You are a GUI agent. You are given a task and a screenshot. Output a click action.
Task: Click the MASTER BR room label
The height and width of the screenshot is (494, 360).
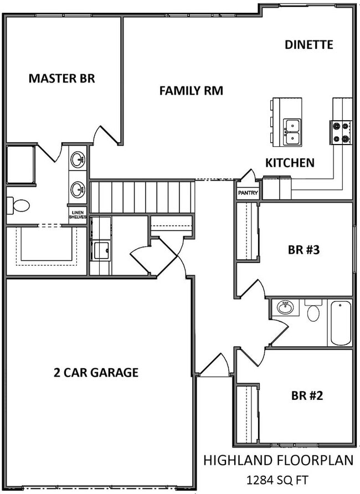point(61,78)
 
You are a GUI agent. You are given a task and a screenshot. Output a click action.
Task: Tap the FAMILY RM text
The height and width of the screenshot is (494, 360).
point(191,91)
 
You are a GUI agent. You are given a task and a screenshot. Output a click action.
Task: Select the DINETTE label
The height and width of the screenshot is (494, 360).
point(308,45)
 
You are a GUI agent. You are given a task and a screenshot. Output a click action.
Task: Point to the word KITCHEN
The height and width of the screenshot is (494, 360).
point(290,163)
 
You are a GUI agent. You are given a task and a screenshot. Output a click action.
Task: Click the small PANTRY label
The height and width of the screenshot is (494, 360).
point(248,193)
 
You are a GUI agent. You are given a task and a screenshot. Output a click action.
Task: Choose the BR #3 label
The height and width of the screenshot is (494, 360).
point(304,250)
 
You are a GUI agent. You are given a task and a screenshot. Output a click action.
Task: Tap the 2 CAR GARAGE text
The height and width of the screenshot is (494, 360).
point(96,372)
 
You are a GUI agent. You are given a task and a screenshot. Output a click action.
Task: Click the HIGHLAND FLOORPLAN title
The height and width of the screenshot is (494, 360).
point(277,460)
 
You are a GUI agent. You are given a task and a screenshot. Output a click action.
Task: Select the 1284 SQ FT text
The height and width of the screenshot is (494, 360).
point(277,479)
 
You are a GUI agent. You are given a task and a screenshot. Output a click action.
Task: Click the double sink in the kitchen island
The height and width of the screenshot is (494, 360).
point(292,132)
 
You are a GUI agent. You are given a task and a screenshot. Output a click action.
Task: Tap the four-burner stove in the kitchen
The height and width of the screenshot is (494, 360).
point(341,132)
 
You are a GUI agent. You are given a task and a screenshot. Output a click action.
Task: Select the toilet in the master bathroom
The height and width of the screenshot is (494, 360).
point(18,206)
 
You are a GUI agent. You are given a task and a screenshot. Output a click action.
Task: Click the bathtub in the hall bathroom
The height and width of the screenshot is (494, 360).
point(340,322)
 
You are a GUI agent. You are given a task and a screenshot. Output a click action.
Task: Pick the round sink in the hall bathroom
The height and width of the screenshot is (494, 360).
point(286,307)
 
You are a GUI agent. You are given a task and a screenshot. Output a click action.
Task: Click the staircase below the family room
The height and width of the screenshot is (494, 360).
point(142,197)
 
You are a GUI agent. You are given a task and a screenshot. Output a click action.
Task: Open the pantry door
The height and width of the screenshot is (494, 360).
point(247,177)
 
